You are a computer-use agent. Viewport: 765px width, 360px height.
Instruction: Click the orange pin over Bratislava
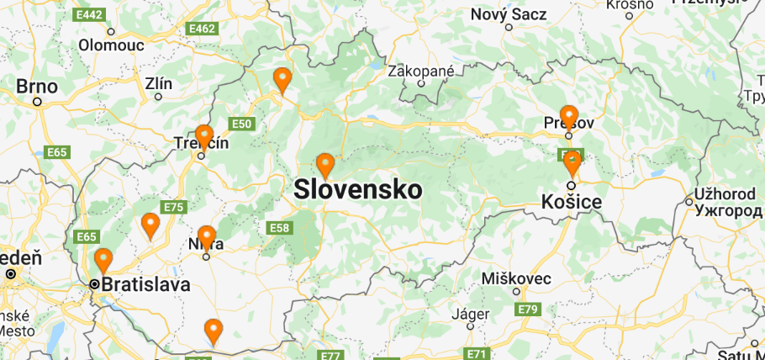[103, 260]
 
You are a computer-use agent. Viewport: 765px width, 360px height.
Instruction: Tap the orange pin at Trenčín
[203, 135]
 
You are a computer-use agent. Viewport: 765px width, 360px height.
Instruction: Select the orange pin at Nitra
[206, 236]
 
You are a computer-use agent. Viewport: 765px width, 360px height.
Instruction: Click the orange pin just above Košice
[572, 161]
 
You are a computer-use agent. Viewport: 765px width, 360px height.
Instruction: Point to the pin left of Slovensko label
[324, 165]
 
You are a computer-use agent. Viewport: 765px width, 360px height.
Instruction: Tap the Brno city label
[37, 87]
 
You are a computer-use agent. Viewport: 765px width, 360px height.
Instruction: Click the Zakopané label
[420, 71]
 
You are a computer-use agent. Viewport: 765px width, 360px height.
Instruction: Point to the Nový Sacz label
[509, 14]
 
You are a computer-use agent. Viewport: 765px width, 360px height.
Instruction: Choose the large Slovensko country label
[358, 189]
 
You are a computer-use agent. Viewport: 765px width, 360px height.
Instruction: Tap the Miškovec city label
[517, 278]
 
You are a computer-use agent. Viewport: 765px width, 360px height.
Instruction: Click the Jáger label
[471, 315]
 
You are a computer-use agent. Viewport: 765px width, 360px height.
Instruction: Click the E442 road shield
[87, 15]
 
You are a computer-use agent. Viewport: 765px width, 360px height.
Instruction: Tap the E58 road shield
[279, 227]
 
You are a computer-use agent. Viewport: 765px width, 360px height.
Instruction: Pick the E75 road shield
[174, 207]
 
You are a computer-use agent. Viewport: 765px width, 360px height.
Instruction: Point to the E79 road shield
[527, 310]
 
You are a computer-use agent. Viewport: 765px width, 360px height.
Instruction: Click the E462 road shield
[202, 29]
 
